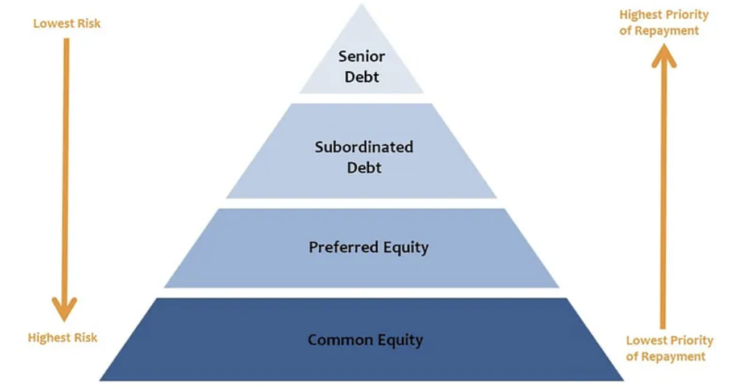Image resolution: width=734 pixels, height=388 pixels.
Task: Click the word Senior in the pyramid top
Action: (361, 56)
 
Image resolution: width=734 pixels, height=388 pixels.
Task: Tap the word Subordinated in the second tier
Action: (364, 147)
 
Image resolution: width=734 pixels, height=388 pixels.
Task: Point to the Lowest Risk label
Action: (66, 24)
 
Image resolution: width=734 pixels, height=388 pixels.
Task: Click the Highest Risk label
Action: (62, 338)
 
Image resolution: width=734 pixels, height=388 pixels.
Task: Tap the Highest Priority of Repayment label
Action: (664, 23)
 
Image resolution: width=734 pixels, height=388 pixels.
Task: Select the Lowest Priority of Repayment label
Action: (669, 348)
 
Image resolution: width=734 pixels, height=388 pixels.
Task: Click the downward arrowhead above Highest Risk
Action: (64, 311)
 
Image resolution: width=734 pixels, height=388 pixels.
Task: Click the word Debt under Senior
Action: (361, 77)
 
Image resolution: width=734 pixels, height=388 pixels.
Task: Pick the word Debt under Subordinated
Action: (364, 168)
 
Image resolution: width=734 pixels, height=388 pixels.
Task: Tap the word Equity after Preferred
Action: (405, 248)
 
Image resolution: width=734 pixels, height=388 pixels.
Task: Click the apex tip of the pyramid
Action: (361, 6)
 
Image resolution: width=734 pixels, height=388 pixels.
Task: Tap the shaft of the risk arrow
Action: (65, 170)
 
